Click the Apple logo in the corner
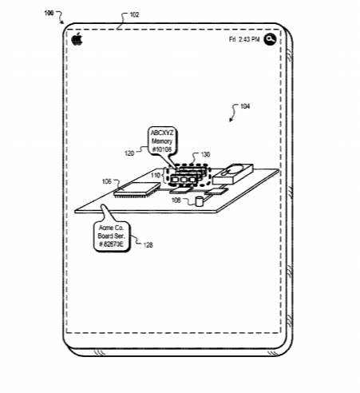coord(77,39)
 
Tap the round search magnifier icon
coord(270,39)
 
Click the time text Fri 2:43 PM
coord(244,39)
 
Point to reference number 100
coord(49,13)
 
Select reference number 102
coord(134,14)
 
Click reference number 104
coord(245,106)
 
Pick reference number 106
coord(107,181)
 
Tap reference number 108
coord(176,200)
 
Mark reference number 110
coord(156,175)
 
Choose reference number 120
coord(129,153)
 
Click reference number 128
coord(148,244)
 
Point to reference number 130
coord(205,154)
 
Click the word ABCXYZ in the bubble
coord(162,133)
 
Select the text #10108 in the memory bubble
coord(162,149)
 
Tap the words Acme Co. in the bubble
coord(111,228)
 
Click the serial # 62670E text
coord(111,244)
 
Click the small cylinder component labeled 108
coord(199,201)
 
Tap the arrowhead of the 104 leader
coord(231,120)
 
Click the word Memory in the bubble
coord(162,141)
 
